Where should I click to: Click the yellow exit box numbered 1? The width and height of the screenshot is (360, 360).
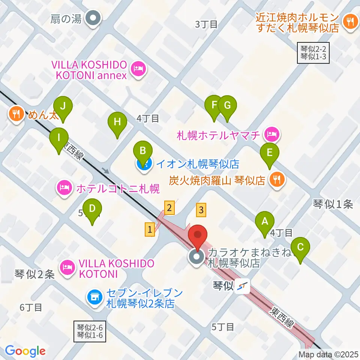(150, 229)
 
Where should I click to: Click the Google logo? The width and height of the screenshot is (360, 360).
(25, 351)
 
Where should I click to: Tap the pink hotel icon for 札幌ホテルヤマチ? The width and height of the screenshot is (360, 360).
(271, 134)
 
